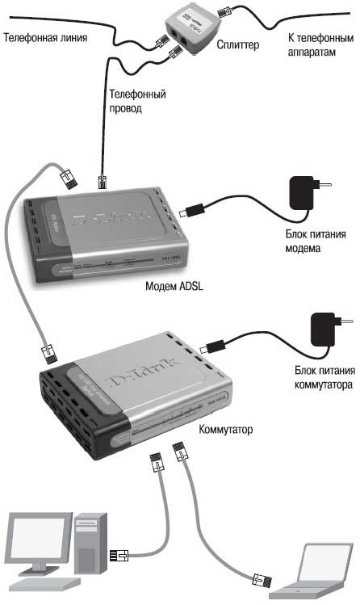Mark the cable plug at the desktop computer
118,555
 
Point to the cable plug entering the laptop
261,578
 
